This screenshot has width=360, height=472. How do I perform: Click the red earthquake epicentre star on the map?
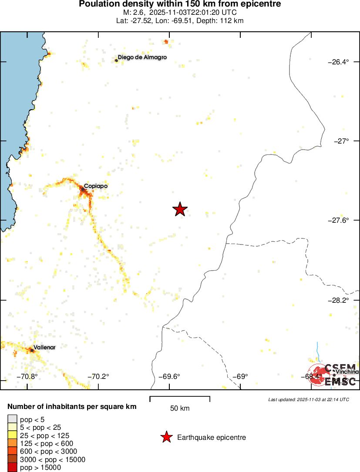[x=180, y=209]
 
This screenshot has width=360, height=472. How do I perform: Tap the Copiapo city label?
[x=96, y=186]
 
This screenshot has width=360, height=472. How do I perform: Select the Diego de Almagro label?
[x=142, y=57]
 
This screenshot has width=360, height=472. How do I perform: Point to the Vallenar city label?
[x=44, y=347]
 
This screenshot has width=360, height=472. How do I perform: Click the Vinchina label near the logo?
[x=347, y=372]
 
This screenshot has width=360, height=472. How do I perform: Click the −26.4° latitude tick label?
[x=338, y=62]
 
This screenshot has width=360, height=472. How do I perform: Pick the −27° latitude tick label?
[x=341, y=141]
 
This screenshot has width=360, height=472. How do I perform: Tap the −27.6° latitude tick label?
[x=338, y=221]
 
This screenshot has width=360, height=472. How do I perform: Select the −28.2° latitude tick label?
[x=338, y=300]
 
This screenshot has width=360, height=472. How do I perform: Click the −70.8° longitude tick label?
[x=27, y=376]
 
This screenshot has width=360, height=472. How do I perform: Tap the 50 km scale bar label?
[x=180, y=408]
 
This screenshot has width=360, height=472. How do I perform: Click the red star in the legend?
[x=166, y=437]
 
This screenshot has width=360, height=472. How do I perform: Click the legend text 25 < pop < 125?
[x=44, y=435]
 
